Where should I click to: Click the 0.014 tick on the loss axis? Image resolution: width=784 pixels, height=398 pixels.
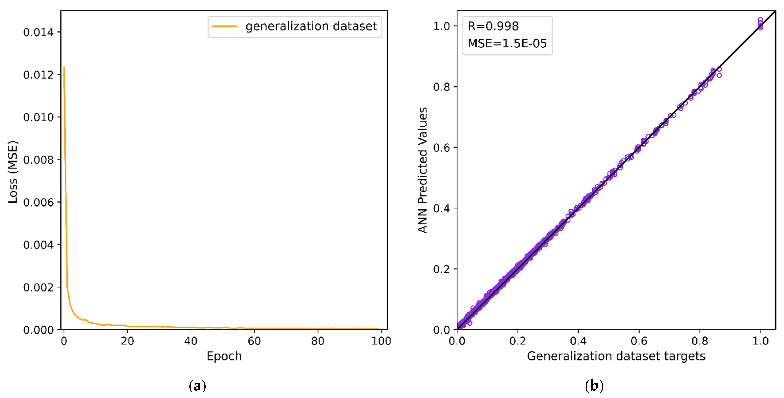coord(38,32)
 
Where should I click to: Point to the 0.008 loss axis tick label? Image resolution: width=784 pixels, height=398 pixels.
coord(38,160)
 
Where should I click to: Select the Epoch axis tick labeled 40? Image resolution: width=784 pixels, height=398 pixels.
coord(191,341)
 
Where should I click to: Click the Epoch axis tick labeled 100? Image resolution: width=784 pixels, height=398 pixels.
coord(381,341)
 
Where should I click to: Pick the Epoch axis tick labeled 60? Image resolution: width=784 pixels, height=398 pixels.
coord(254,341)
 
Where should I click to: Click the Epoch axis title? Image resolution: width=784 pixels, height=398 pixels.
coord(224,356)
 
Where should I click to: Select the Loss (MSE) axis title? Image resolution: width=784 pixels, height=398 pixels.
coord(13,172)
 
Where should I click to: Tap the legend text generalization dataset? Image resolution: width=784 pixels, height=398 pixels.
coord(311,26)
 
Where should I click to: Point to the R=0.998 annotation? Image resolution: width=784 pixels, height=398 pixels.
coord(493,26)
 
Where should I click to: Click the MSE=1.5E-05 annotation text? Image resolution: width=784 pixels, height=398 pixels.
coord(507,43)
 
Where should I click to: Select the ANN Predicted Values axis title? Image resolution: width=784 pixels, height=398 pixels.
coord(422,170)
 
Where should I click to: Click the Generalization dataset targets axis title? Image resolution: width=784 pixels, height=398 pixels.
coord(616,356)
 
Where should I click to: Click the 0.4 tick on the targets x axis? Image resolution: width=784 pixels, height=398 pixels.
coord(578,341)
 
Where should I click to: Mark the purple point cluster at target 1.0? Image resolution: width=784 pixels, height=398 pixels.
coord(760,24)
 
